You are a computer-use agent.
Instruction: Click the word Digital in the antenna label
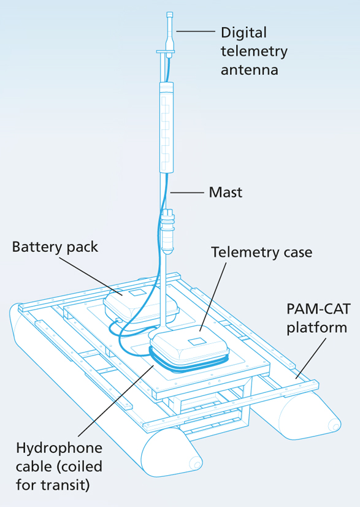pos(243,33)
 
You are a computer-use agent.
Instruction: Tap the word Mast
pos(226,193)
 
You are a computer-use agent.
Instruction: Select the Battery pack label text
pos(55,248)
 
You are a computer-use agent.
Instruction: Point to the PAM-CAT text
pos(318,309)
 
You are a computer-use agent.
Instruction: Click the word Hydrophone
pos(59,449)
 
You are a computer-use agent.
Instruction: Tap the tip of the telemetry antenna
pos(169,13)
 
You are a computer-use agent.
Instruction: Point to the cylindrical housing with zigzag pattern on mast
pos(167,127)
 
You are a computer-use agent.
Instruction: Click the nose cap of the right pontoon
pos(334,424)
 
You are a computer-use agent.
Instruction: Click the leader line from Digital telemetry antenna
pos(196,31)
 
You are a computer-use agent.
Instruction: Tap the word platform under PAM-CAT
pos(316,328)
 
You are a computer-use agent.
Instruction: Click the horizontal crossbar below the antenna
pos(166,51)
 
